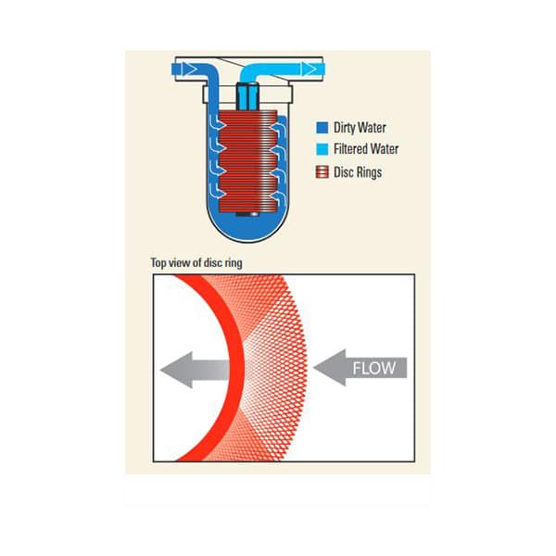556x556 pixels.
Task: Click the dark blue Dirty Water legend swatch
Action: coord(322,128)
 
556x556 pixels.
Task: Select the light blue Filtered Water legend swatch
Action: coord(322,149)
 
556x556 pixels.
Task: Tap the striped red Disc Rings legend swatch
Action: coord(322,172)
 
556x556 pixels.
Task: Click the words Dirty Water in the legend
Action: coord(360,128)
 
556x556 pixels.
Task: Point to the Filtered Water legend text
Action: coord(366,149)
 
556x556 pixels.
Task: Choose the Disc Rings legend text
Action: coord(358,172)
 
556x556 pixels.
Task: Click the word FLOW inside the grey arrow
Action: coord(373,368)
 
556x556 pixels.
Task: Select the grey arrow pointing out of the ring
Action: coord(195,370)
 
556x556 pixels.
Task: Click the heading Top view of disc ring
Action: coord(196,263)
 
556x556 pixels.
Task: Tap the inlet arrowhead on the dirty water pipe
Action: coord(189,69)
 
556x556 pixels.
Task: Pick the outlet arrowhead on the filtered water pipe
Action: coord(309,69)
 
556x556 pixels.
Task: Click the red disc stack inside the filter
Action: coord(247,161)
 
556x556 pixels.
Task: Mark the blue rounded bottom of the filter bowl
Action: coord(247,228)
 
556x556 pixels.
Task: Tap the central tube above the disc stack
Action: coord(247,96)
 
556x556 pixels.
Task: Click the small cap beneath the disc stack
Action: coord(247,214)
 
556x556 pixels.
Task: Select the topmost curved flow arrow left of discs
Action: coord(217,122)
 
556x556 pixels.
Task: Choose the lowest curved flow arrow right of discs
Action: coord(278,199)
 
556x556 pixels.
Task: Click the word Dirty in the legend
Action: coord(344,128)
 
